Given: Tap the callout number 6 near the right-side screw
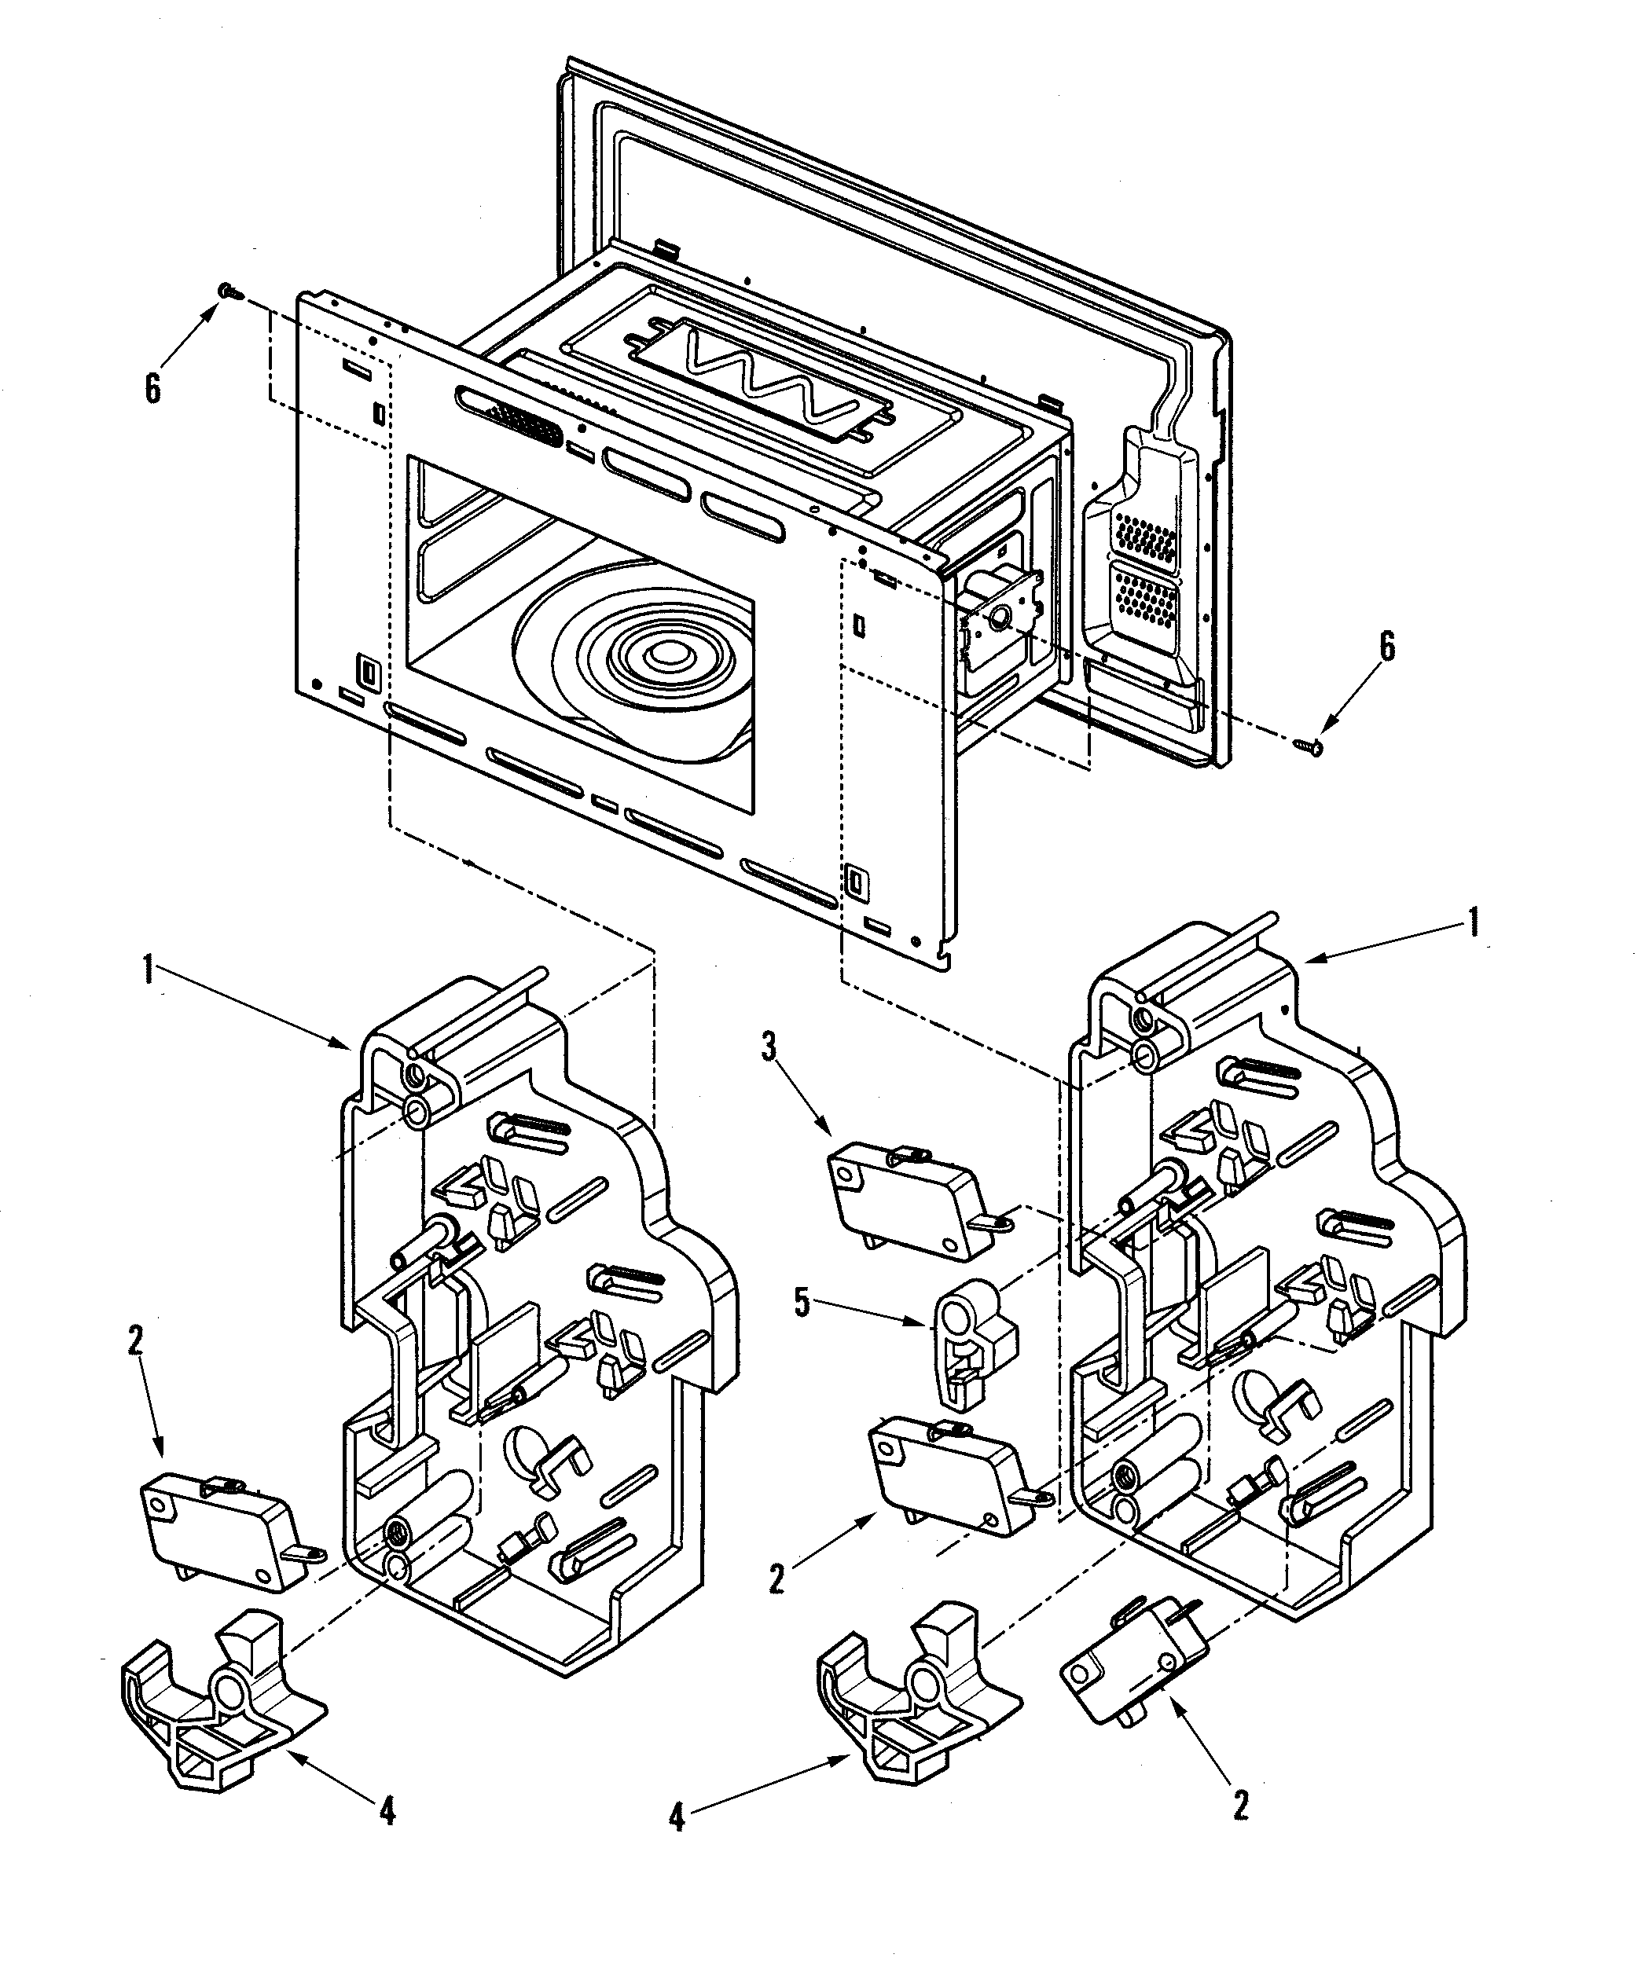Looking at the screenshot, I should pos(1386,647).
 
